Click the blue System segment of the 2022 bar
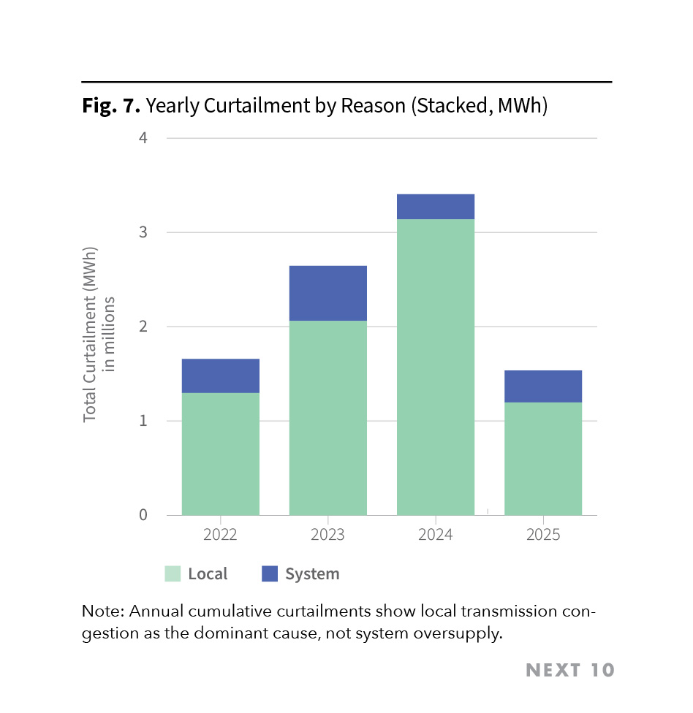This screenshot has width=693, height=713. (x=220, y=375)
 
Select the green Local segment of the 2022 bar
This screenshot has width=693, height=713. (x=220, y=454)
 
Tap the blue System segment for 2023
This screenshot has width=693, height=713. (x=327, y=293)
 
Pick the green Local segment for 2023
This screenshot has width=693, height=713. (x=327, y=418)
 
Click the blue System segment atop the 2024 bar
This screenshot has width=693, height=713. (x=436, y=207)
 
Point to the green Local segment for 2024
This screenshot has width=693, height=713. (x=436, y=367)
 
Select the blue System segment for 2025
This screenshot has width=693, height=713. (x=543, y=386)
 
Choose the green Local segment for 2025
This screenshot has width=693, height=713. (x=543, y=459)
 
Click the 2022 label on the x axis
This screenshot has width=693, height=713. (x=220, y=535)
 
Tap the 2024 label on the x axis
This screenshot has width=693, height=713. (x=436, y=535)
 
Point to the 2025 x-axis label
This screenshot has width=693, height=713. (x=543, y=535)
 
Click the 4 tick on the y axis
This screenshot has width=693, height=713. (x=143, y=138)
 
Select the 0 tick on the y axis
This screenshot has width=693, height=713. (x=143, y=515)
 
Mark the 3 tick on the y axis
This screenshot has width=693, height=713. (x=143, y=232)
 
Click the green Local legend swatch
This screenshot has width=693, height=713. (x=173, y=573)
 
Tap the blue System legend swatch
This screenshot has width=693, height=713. (x=270, y=573)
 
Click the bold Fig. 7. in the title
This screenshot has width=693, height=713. (x=111, y=106)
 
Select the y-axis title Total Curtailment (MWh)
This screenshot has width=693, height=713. (x=90, y=334)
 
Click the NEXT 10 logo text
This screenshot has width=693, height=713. (x=570, y=670)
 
